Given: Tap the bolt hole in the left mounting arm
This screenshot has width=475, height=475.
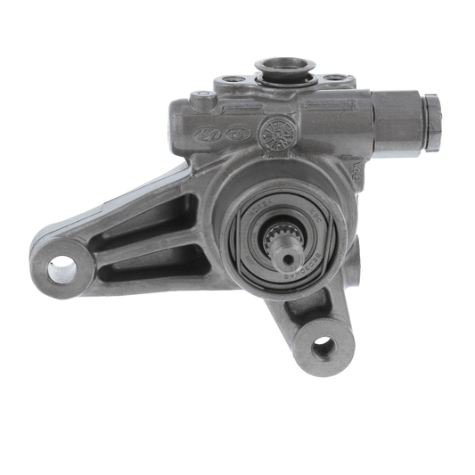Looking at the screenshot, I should (62, 268).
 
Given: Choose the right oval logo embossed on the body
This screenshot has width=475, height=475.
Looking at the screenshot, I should (238, 134).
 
